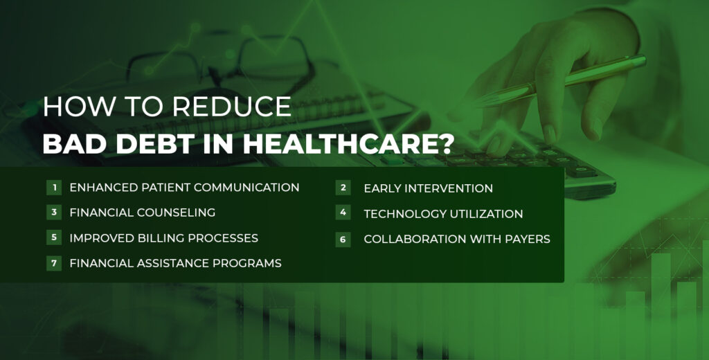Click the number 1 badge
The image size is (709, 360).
[53, 188]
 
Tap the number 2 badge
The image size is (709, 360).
[343, 188]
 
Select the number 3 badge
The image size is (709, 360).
[53, 213]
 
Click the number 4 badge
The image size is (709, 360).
[343, 213]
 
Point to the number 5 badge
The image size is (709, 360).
[53, 238]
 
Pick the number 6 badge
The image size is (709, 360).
[343, 239]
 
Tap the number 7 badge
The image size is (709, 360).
[53, 263]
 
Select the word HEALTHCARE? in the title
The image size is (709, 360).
[364, 143]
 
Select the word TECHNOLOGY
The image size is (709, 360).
[408, 214]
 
